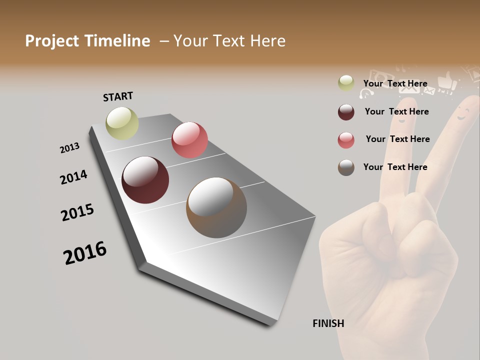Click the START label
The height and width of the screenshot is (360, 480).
118,96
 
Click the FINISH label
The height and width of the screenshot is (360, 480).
328,323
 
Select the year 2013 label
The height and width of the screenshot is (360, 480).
69,148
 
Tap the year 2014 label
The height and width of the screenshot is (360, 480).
73,177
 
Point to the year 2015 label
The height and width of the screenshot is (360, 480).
77,212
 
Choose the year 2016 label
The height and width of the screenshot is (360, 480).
85,253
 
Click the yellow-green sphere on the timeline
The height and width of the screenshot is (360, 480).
122,123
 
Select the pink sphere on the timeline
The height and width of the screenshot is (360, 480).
189,140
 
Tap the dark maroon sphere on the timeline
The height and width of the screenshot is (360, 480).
145,180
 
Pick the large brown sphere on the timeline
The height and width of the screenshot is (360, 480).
216,207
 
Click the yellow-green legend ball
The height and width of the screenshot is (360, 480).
346,83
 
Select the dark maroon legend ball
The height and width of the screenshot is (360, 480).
346,111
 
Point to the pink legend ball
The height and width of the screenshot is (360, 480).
346,139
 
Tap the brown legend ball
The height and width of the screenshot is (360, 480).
346,167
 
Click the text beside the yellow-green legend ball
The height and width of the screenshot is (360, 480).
395,83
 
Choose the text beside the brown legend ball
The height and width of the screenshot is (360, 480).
395,167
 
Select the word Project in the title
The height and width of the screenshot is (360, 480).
52,41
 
